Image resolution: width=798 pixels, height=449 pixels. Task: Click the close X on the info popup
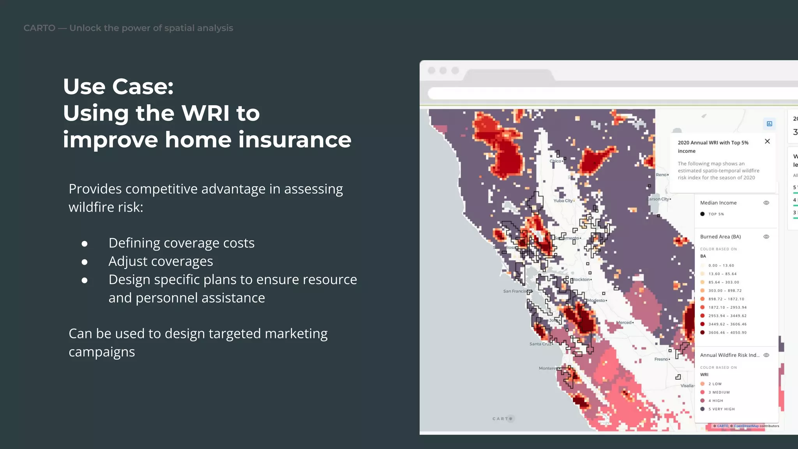[767, 141]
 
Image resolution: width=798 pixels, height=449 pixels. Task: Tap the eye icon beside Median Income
[766, 203]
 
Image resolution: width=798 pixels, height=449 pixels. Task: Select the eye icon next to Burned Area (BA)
[766, 237]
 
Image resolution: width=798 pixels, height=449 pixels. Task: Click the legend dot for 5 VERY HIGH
[703, 409]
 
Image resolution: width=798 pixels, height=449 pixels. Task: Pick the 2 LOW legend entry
[715, 384]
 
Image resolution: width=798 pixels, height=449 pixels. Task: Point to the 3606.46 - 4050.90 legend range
[727, 332]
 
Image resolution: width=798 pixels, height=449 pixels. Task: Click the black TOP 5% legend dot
[703, 214]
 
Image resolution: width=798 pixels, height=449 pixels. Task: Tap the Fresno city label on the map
[661, 359]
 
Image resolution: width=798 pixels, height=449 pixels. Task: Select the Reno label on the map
[661, 175]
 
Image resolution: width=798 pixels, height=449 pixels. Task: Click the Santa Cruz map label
[540, 344]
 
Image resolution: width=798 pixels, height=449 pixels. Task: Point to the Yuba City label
[563, 201]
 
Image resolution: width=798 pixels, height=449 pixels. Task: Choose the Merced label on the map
[624, 322]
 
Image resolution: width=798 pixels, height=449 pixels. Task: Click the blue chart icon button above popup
[769, 124]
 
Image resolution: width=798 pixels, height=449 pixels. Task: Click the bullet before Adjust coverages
[85, 262]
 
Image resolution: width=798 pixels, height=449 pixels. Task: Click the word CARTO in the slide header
[39, 28]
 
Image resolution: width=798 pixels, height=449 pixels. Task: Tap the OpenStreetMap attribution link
[746, 426]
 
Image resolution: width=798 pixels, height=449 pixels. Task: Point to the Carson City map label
[658, 199]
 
